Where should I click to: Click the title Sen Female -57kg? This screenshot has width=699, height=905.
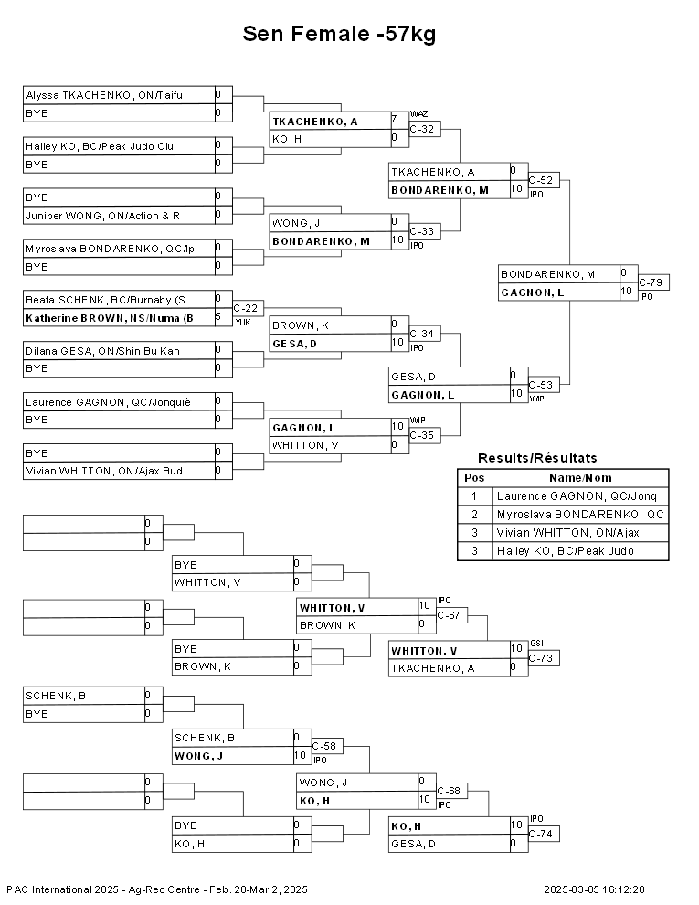click(339, 34)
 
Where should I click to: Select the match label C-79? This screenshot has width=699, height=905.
click(651, 282)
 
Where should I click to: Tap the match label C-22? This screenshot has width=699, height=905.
click(246, 308)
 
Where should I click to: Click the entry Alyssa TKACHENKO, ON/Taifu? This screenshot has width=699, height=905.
click(104, 95)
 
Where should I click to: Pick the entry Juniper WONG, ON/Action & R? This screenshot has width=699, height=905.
click(102, 216)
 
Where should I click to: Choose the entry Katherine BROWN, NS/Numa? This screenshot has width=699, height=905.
click(110, 318)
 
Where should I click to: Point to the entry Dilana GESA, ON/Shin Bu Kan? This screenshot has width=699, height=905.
click(102, 351)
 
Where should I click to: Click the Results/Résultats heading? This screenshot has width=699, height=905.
click(537, 458)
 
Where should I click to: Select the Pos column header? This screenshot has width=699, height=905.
click(474, 478)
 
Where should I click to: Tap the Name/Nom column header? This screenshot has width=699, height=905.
click(580, 478)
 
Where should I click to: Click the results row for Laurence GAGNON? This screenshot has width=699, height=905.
click(563, 496)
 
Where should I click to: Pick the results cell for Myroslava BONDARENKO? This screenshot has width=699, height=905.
click(580, 515)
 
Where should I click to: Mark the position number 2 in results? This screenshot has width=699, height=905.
click(474, 515)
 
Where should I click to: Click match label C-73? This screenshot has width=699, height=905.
click(541, 658)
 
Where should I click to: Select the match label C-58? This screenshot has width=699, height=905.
click(324, 746)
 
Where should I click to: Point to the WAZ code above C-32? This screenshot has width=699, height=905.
click(418, 114)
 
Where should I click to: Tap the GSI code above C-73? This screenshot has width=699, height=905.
click(536, 644)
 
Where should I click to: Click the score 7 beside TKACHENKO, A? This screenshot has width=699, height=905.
click(395, 120)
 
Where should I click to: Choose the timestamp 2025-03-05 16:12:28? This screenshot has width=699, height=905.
click(594, 890)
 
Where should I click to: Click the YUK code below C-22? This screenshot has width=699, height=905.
click(243, 323)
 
